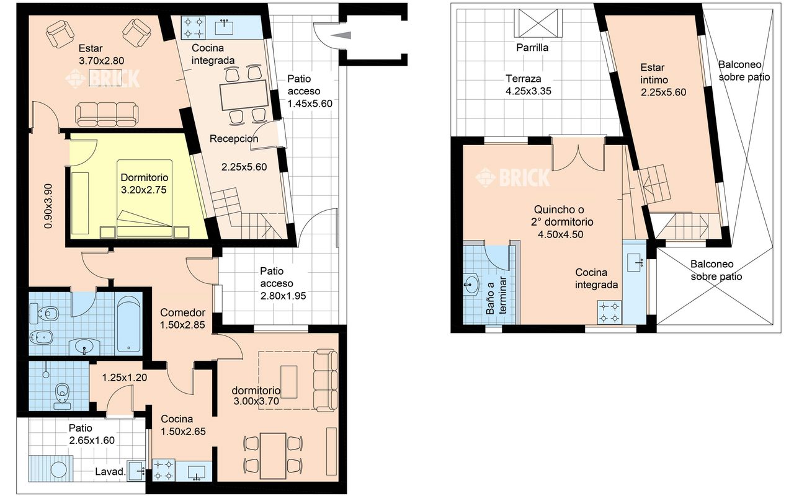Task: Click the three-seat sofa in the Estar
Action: (x=107, y=114)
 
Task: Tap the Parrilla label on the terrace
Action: (x=532, y=48)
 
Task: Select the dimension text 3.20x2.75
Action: (x=143, y=190)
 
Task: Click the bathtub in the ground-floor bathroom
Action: (x=128, y=324)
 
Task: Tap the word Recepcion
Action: (x=234, y=138)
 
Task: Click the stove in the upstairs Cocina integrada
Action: (x=610, y=312)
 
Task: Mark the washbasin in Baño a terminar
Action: (x=471, y=285)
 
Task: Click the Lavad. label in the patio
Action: (x=110, y=472)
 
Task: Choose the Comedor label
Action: (x=182, y=312)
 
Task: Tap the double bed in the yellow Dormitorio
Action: (x=145, y=199)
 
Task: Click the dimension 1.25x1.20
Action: (x=125, y=378)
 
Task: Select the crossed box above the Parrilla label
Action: (x=538, y=23)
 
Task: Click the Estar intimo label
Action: (x=654, y=73)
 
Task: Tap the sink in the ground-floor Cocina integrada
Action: (x=224, y=26)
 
